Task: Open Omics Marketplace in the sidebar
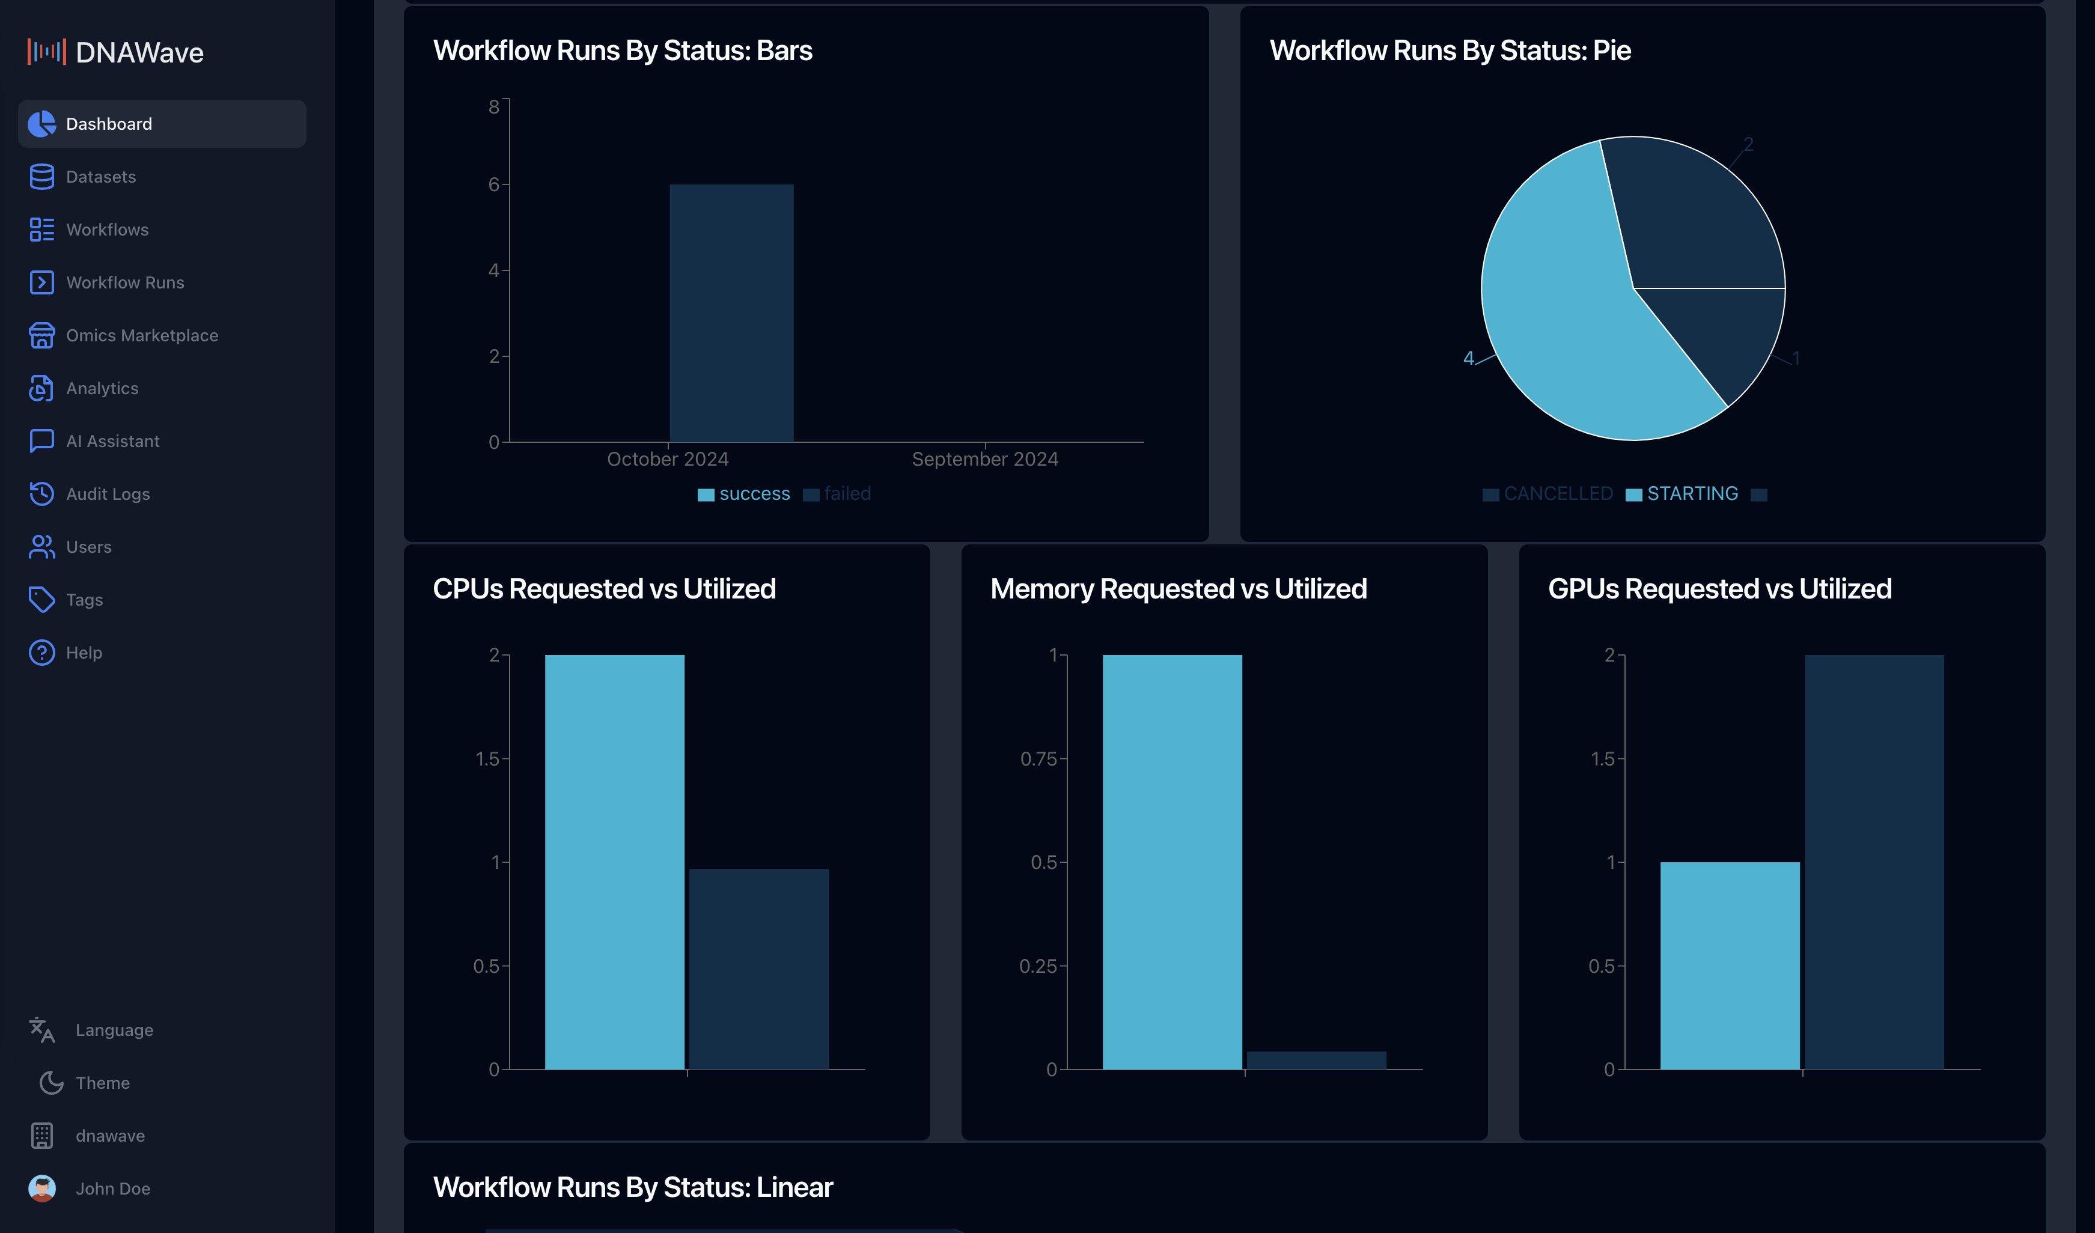click(141, 335)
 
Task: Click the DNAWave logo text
click(139, 52)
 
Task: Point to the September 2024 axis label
click(984, 459)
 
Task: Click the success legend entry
click(753, 494)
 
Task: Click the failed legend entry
click(846, 494)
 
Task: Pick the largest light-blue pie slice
click(1563, 324)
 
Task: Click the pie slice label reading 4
click(1468, 358)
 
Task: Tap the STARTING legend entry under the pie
click(1691, 494)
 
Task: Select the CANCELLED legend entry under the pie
click(1557, 494)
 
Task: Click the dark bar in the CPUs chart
click(758, 969)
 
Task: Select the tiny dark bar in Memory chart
click(1316, 1060)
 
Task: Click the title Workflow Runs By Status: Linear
click(633, 1187)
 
